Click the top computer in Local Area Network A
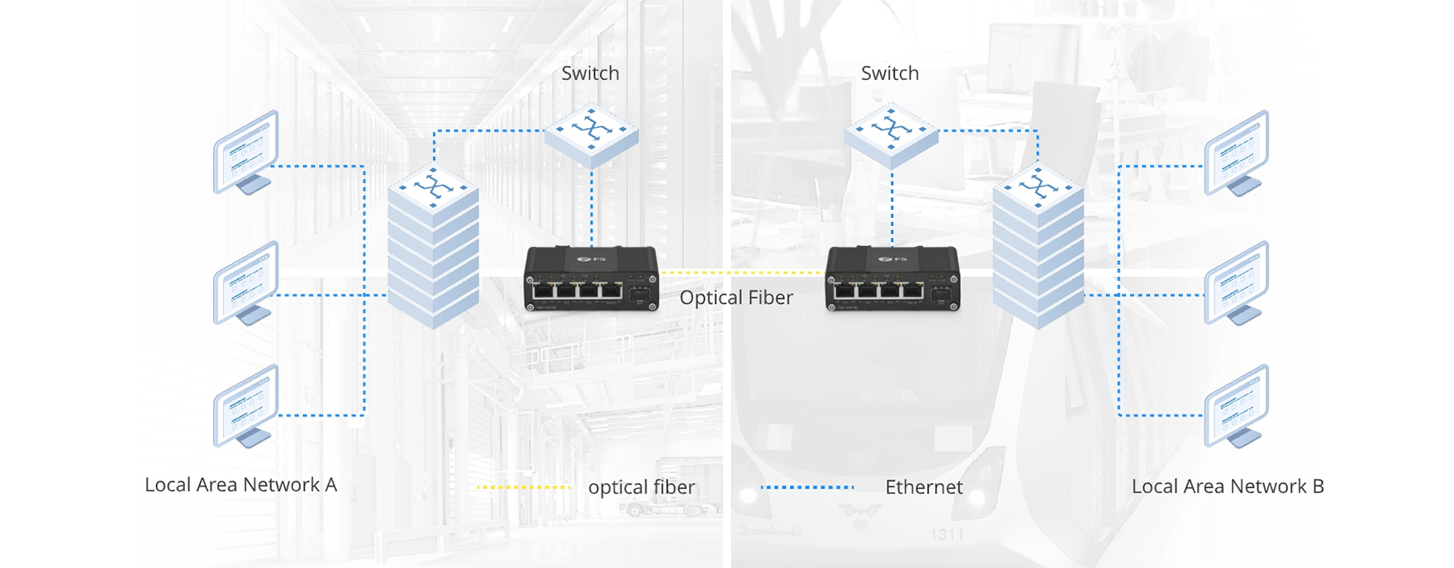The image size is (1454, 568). pyautogui.click(x=246, y=152)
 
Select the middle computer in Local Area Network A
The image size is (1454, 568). pyautogui.click(x=246, y=282)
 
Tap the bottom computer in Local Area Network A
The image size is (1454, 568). pyautogui.click(x=246, y=406)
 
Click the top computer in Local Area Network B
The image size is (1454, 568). pyautogui.click(x=1236, y=152)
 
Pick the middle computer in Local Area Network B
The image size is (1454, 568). pyautogui.click(x=1236, y=282)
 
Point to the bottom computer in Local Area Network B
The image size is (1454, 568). pyautogui.click(x=1236, y=406)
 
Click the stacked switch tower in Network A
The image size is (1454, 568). pyautogui.click(x=433, y=248)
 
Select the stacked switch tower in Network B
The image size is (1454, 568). pyautogui.click(x=1038, y=248)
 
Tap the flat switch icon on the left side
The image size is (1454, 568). pyautogui.click(x=592, y=134)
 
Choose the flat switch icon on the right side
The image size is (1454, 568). pyautogui.click(x=891, y=134)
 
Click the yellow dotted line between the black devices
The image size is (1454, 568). pyautogui.click(x=742, y=272)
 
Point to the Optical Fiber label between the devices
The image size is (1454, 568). pyautogui.click(x=736, y=298)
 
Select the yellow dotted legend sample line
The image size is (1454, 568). pyautogui.click(x=524, y=488)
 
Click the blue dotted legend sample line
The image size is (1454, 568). pyautogui.click(x=807, y=488)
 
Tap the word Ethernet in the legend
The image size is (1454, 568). pyautogui.click(x=924, y=488)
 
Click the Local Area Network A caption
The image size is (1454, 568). pyautogui.click(x=240, y=485)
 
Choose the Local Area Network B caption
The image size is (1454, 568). pyautogui.click(x=1228, y=486)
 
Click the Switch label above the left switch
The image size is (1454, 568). pyautogui.click(x=590, y=73)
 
